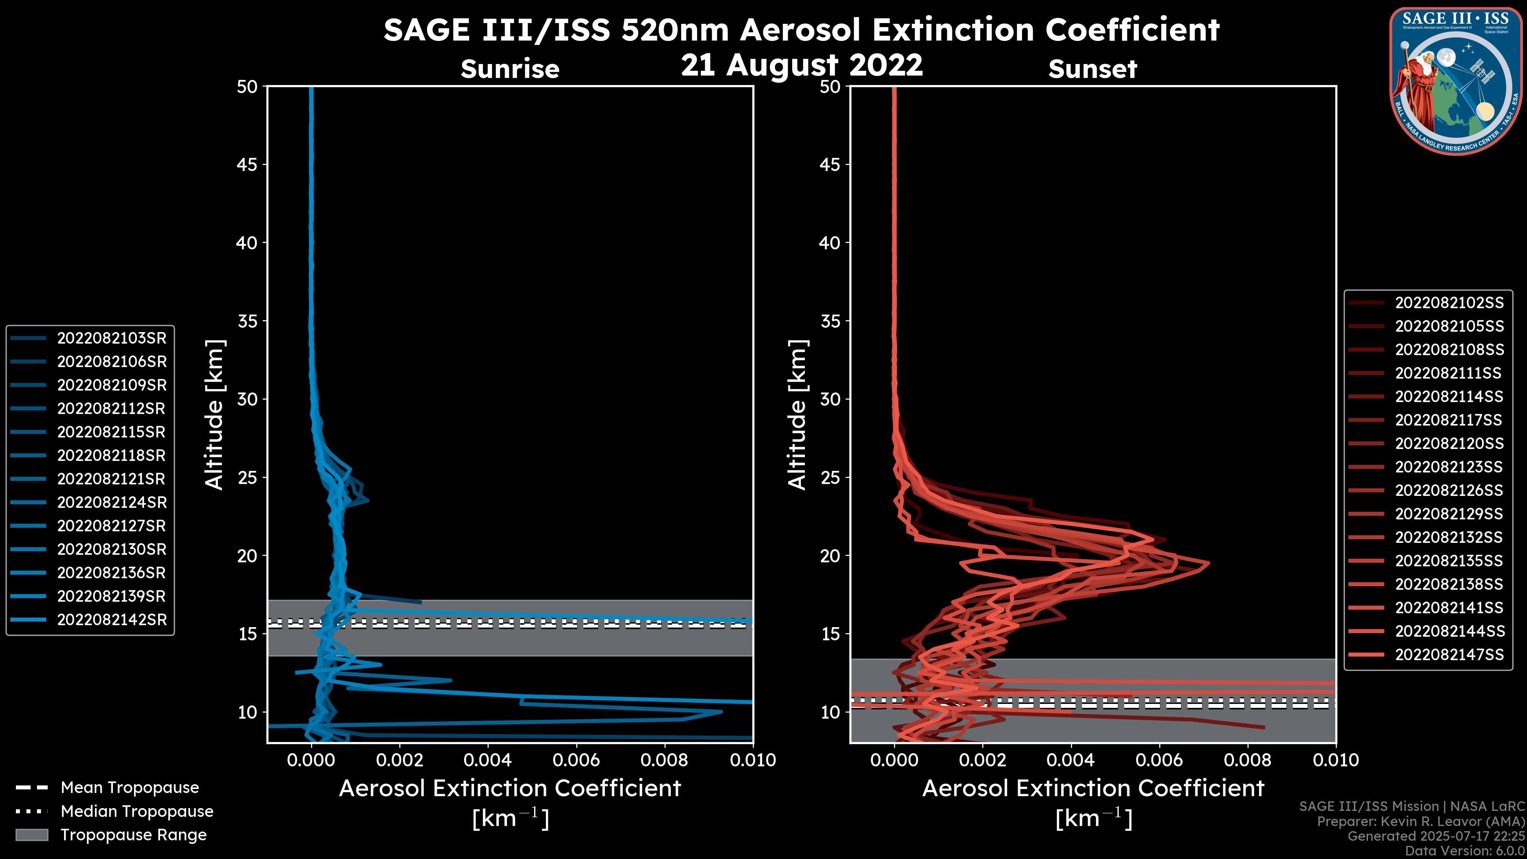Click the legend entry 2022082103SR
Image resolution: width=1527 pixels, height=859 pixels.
point(111,338)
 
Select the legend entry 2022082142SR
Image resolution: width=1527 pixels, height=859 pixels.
point(111,620)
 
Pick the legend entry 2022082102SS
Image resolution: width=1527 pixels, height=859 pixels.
point(1449,303)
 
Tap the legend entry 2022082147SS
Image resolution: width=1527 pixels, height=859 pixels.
point(1449,655)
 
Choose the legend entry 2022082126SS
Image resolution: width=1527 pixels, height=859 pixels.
point(1449,490)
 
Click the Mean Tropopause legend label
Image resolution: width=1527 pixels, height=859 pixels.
point(130,787)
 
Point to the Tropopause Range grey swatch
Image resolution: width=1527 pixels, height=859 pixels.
point(31,835)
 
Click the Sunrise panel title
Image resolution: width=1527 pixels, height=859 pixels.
point(510,69)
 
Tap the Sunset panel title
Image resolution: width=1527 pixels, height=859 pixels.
point(1092,69)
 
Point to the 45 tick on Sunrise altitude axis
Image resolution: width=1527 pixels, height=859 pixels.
point(247,164)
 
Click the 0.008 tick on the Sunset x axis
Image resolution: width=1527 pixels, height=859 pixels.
point(1248,760)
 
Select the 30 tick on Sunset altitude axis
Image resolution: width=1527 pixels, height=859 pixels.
point(830,399)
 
